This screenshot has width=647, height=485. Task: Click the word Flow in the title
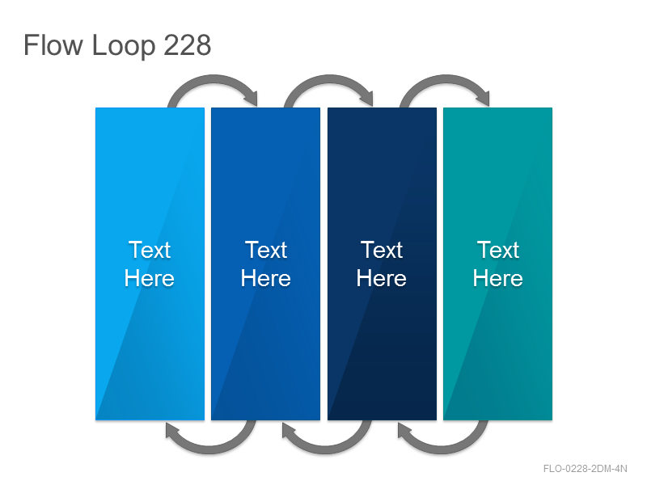[53, 44]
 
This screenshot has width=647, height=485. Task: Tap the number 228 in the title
[188, 45]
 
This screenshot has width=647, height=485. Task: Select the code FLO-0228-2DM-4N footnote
[585, 469]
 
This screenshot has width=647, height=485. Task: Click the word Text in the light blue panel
[150, 250]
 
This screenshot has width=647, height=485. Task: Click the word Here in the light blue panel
[150, 278]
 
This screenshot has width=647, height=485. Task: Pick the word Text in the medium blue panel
[266, 250]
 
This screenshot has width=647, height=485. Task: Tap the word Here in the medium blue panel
[266, 278]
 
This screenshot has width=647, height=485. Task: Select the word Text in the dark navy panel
[382, 250]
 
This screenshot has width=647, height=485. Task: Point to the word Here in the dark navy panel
[382, 278]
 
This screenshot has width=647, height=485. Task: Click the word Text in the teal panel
[498, 250]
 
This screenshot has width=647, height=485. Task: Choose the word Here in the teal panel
[498, 278]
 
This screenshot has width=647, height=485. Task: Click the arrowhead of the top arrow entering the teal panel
[483, 98]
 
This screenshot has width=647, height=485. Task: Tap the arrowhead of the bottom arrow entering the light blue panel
[172, 431]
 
